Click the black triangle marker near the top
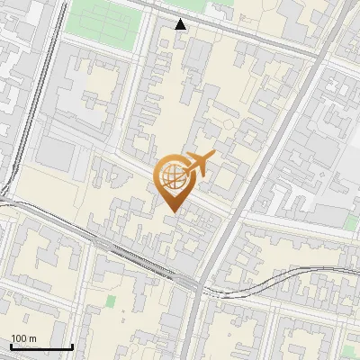click(x=181, y=23)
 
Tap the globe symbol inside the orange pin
click(x=172, y=177)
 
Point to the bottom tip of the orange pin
click(x=172, y=212)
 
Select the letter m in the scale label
click(x=32, y=338)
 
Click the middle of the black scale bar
click(x=41, y=346)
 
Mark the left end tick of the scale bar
click(x=11, y=346)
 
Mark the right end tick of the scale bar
click(x=72, y=346)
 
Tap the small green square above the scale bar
click(x=111, y=301)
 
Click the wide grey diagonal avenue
click(x=261, y=162)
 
